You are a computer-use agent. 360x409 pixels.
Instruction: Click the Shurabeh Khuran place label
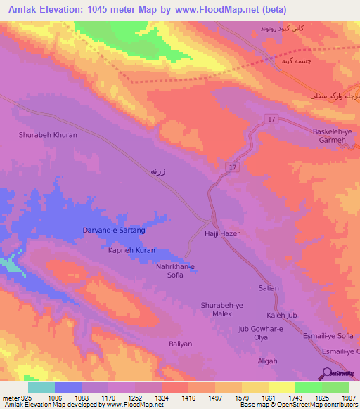click(47, 134)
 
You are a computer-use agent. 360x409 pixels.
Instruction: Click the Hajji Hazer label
click(222, 233)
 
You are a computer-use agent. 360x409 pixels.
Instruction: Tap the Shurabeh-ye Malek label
click(221, 309)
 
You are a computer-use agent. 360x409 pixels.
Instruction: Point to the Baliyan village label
click(180, 344)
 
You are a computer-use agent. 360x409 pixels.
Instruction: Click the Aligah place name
click(268, 361)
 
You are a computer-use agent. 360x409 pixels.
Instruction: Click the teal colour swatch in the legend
click(41, 387)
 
